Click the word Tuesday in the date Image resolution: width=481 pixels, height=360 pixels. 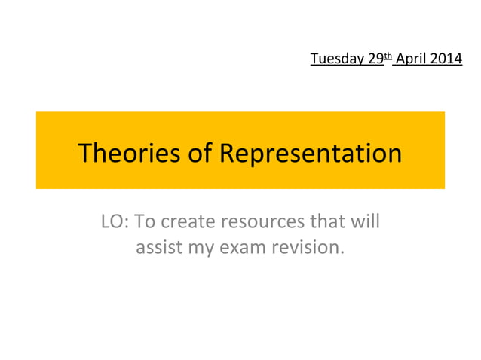click(x=332, y=57)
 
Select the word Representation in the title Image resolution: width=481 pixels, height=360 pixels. click(x=311, y=154)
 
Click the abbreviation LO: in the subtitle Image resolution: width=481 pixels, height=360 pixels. click(x=114, y=223)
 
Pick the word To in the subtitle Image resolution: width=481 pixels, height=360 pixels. click(x=145, y=223)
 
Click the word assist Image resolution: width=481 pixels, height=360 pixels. click(x=155, y=247)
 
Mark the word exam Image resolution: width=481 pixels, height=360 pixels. click(x=238, y=247)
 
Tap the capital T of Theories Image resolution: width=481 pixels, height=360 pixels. click(x=85, y=154)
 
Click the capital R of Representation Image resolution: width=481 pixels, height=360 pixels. click(x=227, y=154)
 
